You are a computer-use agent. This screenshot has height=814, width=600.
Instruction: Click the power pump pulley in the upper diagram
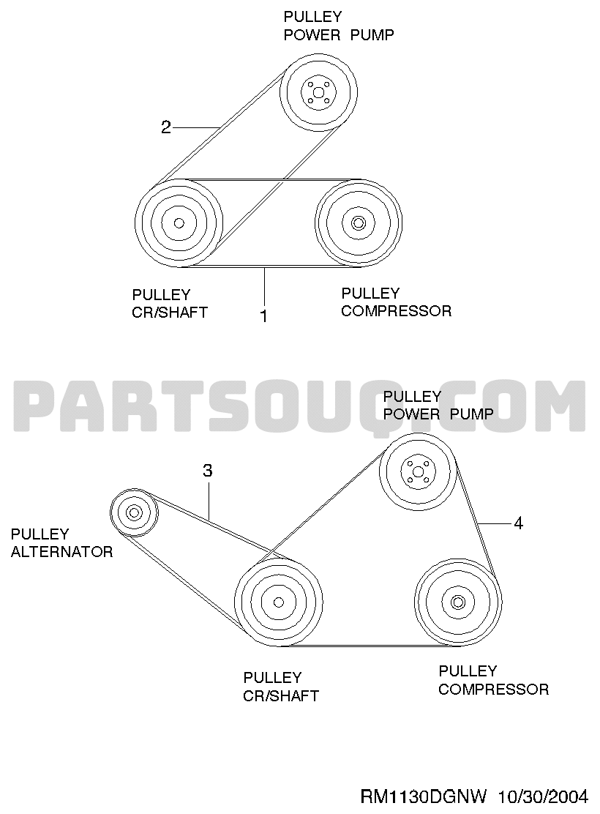click(319, 92)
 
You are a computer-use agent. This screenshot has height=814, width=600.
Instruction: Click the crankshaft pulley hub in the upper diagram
click(179, 223)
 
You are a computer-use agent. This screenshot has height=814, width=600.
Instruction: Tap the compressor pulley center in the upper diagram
click(358, 223)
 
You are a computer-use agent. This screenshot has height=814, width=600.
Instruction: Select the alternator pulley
click(134, 512)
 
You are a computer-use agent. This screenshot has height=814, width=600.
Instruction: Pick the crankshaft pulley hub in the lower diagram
click(279, 602)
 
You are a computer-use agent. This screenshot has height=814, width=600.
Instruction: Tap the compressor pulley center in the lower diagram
click(458, 602)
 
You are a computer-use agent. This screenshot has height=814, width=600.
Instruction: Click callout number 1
click(263, 315)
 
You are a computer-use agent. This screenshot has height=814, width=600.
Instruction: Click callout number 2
click(166, 127)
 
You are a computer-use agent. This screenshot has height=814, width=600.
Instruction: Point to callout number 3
click(208, 471)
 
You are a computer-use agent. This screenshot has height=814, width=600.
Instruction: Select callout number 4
click(519, 523)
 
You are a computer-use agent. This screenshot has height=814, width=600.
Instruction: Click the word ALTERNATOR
click(61, 551)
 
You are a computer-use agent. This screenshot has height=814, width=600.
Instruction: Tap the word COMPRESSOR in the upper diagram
click(396, 311)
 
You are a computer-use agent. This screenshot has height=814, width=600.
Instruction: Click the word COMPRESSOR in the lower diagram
click(494, 690)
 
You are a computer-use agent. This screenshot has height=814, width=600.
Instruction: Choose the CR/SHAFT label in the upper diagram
click(170, 313)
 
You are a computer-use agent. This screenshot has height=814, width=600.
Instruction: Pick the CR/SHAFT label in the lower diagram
click(281, 695)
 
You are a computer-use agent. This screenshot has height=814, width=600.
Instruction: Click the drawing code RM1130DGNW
click(424, 796)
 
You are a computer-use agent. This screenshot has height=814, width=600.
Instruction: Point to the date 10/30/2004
click(544, 796)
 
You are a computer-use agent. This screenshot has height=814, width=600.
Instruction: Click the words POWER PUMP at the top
click(339, 35)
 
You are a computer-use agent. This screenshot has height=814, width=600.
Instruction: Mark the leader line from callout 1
click(265, 286)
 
